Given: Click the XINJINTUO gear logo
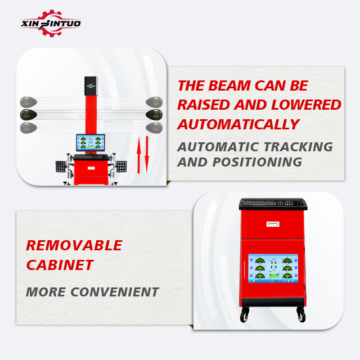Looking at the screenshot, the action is pyautogui.click(x=50, y=23).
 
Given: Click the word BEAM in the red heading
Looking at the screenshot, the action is pyautogui.click(x=229, y=85).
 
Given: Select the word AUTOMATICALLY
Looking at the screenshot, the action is pyautogui.click(x=238, y=124).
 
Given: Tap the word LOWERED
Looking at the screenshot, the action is pyautogui.click(x=306, y=105).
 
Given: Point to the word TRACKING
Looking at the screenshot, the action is pyautogui.click(x=298, y=147).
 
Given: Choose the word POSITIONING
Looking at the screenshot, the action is pyautogui.click(x=257, y=162).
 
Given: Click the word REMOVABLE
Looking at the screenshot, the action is pyautogui.click(x=74, y=245).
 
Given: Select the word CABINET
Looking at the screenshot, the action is pyautogui.click(x=60, y=265).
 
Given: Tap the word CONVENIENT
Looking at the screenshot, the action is pyautogui.click(x=115, y=292).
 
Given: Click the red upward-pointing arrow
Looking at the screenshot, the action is pyautogui.click(x=138, y=155).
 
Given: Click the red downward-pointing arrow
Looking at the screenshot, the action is pyautogui.click(x=147, y=155).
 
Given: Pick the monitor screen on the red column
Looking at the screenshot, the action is pyautogui.click(x=91, y=142).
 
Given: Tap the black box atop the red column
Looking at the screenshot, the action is pyautogui.click(x=91, y=86).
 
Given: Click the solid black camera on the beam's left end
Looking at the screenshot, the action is pyautogui.click(x=29, y=115).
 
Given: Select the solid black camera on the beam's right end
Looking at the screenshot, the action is pyautogui.click(x=154, y=115).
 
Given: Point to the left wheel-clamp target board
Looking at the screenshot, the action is pyautogui.click(x=61, y=166).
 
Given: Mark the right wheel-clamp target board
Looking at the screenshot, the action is pyautogui.click(x=121, y=166).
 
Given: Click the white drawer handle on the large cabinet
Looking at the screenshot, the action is pyautogui.click(x=273, y=224).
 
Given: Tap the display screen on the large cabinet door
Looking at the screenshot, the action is pyautogui.click(x=273, y=268).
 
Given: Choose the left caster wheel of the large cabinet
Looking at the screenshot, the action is pyautogui.click(x=244, y=315).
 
